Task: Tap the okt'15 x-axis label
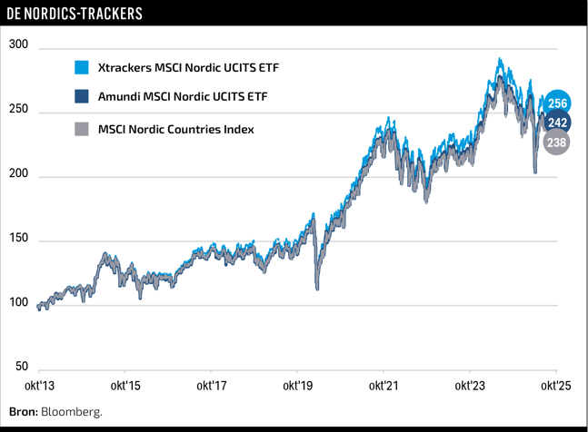tap(125, 386)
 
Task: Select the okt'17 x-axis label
tap(211, 386)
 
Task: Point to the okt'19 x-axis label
tap(297, 386)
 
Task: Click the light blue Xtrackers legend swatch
tap(82, 67)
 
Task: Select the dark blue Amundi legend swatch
tap(82, 97)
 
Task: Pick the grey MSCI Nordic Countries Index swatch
tap(82, 129)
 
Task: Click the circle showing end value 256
tap(558, 103)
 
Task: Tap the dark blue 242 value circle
tap(558, 123)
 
